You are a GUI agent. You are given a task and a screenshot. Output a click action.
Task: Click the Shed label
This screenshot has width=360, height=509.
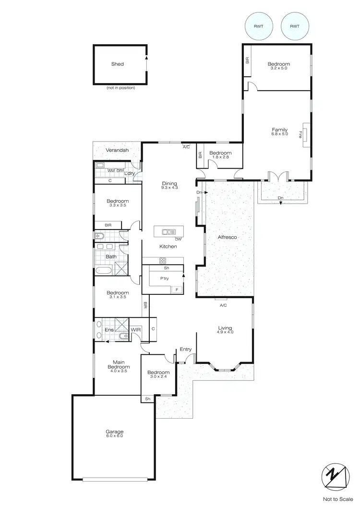[x=118, y=64]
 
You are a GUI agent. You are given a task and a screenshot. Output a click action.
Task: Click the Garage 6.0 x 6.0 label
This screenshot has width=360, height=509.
[x=114, y=434]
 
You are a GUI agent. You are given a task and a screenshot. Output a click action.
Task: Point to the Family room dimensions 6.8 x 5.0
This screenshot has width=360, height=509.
[x=280, y=134]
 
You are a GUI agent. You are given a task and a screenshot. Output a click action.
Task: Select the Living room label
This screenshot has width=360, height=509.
[x=225, y=328]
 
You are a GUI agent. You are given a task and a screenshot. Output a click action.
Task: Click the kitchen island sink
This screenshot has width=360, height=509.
[x=168, y=232]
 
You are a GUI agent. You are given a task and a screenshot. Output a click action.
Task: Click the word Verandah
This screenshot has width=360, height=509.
[x=117, y=151]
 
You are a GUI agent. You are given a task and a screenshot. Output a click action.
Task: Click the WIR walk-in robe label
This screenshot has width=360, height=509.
[x=136, y=330]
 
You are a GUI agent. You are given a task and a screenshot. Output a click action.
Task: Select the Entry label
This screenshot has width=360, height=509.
[x=185, y=349]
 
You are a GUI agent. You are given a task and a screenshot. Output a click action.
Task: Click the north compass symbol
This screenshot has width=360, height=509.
[x=335, y=476]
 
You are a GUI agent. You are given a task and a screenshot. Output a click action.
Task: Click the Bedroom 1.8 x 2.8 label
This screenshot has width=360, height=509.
[x=220, y=155]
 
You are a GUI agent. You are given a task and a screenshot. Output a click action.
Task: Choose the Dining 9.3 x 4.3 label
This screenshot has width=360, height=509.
[x=169, y=185]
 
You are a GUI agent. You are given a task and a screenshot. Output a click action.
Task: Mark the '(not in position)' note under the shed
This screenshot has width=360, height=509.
[x=120, y=88]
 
